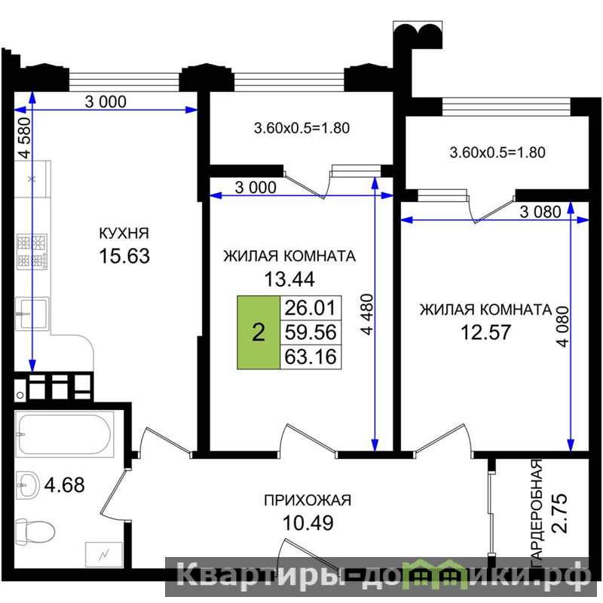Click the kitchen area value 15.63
pos(124,256)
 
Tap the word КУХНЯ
pos(124,233)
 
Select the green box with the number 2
pos(259,332)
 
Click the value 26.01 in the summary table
pos(311,308)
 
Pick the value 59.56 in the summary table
pos(311,332)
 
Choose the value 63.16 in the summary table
pos(311,357)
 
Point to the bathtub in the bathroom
pos(65,434)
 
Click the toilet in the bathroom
pos(35,532)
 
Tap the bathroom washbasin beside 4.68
pos(28,485)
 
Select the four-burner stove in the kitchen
pos(32,252)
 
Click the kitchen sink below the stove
pos(32,314)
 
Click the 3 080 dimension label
pos(540,212)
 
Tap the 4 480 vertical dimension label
pos(367,314)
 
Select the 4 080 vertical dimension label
pos(562,326)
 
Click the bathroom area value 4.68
pos(64,485)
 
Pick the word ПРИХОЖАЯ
pos(308,500)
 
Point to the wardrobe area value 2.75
pos(559,513)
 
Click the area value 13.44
pos(289,279)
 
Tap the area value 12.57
pos(485,332)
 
